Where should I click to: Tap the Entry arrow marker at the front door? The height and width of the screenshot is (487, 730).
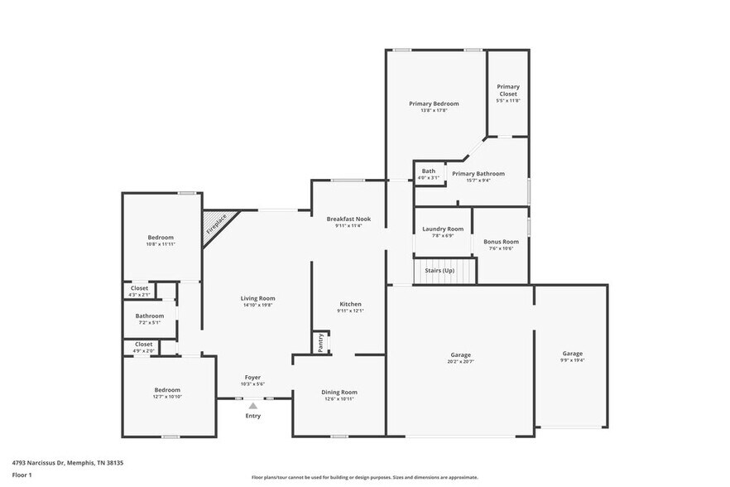point(253,406)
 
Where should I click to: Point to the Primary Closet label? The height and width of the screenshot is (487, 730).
point(507,90)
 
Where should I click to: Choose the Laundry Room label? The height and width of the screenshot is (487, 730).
point(443,229)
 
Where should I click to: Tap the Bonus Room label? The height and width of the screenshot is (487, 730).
point(501,242)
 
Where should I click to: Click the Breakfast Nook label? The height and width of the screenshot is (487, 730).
point(348,219)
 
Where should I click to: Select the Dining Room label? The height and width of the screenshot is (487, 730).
point(339,392)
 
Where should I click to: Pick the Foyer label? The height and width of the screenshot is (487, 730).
point(252,378)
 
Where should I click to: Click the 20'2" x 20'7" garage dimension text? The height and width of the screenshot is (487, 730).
point(460,362)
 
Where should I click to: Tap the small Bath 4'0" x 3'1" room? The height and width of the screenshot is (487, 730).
point(428,174)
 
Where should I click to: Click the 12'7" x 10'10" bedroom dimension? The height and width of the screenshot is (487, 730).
point(166,397)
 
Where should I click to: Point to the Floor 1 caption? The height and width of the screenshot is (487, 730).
point(22,475)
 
